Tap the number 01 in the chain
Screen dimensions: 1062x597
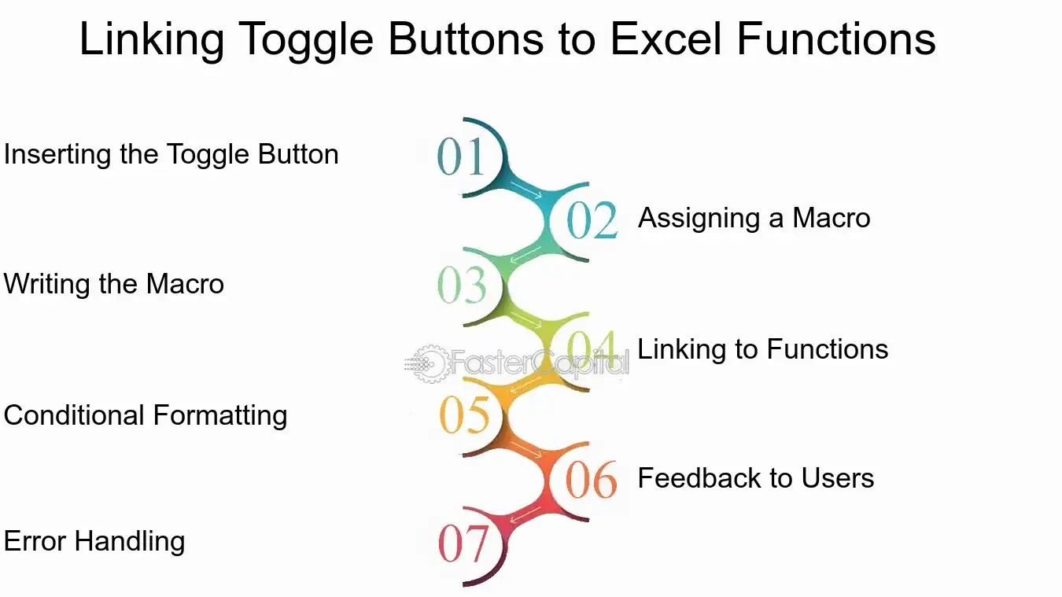coord(461,156)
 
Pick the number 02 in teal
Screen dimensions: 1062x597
coord(592,219)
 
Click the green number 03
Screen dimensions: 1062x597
coord(462,285)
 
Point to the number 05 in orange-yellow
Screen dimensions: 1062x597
coord(464,415)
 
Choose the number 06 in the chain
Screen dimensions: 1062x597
coord(592,479)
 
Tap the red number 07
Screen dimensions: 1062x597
coord(463,544)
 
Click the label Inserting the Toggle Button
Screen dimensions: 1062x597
coord(171,155)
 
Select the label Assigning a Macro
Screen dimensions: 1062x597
coord(754,218)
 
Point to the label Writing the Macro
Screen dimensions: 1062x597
coord(114,284)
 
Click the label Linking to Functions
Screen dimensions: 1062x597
coord(763,349)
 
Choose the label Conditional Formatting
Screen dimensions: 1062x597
coord(146,415)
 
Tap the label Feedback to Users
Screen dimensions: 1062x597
coord(756,478)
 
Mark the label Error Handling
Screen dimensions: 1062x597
coord(94,541)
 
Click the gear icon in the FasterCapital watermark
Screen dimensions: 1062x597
coord(429,363)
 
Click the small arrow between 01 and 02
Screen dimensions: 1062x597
coord(525,190)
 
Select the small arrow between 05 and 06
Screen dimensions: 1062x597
coord(525,450)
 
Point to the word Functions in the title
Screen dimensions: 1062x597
coord(836,39)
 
